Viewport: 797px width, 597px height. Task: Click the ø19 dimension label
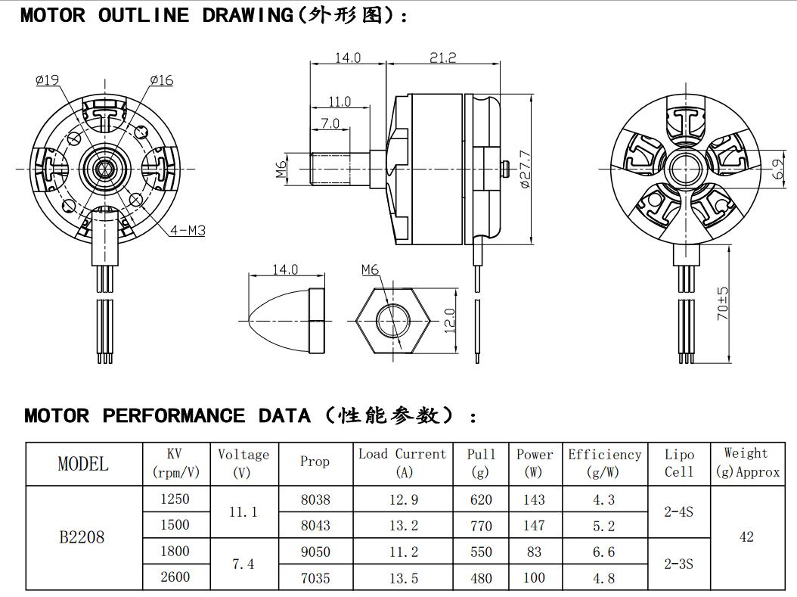pos(47,79)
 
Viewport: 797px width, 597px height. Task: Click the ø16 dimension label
pos(161,79)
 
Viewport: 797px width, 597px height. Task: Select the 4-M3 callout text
pos(187,230)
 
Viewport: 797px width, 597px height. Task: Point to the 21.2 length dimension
pos(442,58)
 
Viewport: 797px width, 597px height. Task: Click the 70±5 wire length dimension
pos(723,303)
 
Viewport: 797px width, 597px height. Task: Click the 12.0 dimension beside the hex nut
pos(449,321)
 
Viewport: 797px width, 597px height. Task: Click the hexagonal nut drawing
pos(393,321)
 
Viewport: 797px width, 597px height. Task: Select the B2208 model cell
pos(82,538)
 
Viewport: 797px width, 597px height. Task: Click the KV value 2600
pos(175,577)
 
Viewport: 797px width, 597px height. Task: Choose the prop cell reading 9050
pos(315,552)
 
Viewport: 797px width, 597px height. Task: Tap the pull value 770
pos(481,526)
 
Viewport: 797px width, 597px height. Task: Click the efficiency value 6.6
pos(603,552)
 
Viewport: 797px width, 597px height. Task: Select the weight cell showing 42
pos(746,537)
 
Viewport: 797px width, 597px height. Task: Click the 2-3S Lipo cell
pos(678,564)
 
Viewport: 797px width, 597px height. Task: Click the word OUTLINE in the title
pos(143,16)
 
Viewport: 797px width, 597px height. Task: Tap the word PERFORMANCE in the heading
pos(173,415)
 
